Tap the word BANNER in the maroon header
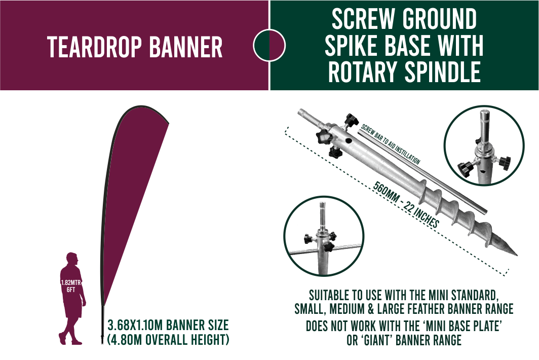[x=186, y=47]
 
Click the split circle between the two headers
[x=269, y=45]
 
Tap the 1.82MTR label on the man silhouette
[x=71, y=282]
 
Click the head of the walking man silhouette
[x=72, y=258]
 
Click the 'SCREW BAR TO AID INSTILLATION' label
[x=391, y=144]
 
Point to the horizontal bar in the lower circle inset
[x=323, y=249]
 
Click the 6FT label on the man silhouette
[x=71, y=290]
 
